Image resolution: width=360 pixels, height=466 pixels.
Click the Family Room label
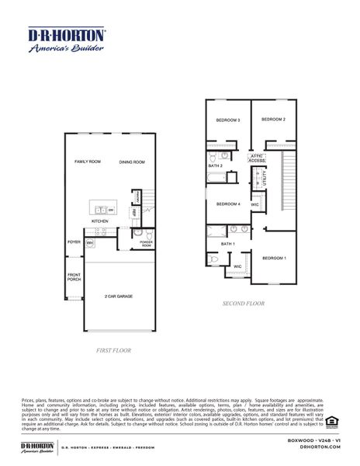coord(88,162)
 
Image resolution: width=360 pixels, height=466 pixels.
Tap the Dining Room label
coord(132,162)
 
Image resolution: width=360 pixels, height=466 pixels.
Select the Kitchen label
coord(100,221)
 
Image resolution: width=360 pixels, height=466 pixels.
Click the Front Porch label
coord(74,276)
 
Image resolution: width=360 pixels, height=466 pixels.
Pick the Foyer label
coord(74,242)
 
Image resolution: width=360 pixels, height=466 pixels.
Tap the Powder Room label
coord(146,244)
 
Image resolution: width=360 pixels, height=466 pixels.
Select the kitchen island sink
coord(99,208)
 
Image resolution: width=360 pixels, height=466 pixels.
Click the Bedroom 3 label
coord(228,120)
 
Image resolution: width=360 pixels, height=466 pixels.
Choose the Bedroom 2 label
coord(274,120)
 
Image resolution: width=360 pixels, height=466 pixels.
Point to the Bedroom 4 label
coord(228,204)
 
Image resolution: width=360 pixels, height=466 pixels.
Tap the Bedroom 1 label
coord(274,257)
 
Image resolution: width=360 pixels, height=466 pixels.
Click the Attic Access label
coord(257,158)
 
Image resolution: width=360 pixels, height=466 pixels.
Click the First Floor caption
coord(112,350)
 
